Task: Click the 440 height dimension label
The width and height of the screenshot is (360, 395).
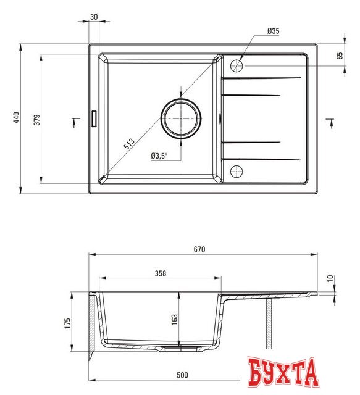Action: tap(17, 118)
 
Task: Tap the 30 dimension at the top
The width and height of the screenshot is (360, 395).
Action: tap(94, 17)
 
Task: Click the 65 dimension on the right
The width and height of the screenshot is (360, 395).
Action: tap(340, 55)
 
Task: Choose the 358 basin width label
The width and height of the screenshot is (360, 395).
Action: tap(160, 272)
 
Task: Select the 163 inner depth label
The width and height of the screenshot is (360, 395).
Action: tap(175, 319)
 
